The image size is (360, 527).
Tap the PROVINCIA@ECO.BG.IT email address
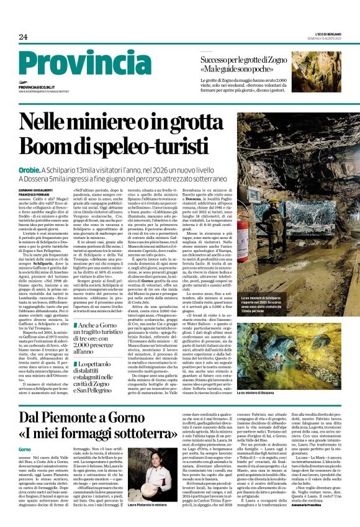(x=40, y=88)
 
